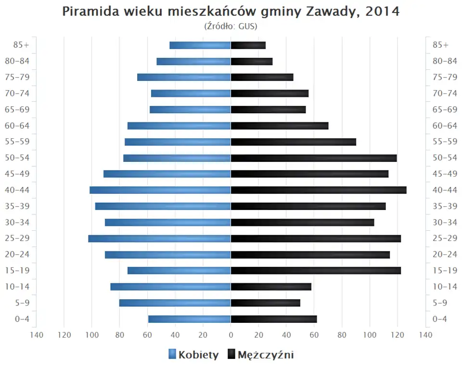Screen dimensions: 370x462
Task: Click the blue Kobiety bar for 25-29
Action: click(159, 238)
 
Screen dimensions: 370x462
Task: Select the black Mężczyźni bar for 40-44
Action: click(319, 190)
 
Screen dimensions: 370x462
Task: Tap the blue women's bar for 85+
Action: click(200, 45)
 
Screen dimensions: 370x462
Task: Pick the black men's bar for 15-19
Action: click(316, 271)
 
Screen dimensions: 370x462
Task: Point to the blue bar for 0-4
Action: click(190, 319)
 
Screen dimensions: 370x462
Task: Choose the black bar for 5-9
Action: click(266, 303)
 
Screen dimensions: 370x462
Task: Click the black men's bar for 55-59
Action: click(294, 142)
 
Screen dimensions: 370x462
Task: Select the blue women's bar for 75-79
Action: click(184, 77)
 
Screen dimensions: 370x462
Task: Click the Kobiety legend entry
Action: click(193, 355)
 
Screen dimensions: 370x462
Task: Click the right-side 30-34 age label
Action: click(445, 222)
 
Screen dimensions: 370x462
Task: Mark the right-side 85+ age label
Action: click(440, 45)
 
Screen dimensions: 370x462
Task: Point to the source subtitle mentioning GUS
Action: click(231, 26)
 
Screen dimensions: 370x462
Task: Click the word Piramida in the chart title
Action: click(90, 12)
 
